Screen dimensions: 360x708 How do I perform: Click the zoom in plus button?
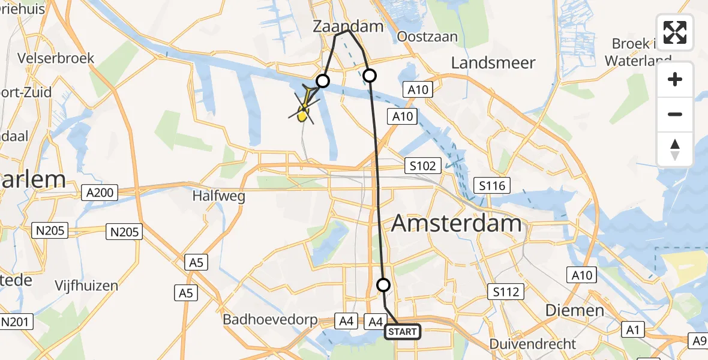point(675,80)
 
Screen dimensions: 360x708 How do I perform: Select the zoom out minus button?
point(675,114)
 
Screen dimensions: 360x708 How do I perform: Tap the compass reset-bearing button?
point(675,149)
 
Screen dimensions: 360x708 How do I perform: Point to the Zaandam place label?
point(347,26)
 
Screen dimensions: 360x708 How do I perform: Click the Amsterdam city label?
point(457,224)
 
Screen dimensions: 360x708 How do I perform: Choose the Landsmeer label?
point(493,62)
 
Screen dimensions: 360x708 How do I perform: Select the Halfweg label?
point(217,196)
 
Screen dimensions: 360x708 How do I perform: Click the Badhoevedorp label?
point(270,320)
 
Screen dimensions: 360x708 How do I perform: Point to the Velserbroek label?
point(56,58)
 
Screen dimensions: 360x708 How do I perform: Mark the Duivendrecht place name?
point(533,344)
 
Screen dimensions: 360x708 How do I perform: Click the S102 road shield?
point(422,165)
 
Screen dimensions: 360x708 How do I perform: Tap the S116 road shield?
point(492,185)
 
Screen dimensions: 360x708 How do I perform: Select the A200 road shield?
point(100,193)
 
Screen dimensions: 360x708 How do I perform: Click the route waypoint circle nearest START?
point(383,285)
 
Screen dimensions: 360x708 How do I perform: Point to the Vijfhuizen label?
point(86,286)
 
